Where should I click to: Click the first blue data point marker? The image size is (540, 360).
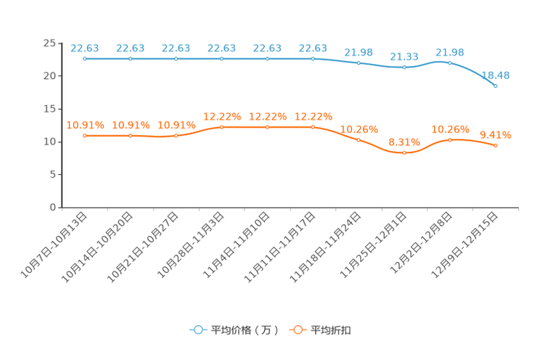[x=86, y=58]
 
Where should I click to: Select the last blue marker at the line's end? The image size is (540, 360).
[x=495, y=86]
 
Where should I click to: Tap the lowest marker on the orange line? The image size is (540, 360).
[x=404, y=153]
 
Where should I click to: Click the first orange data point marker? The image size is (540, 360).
[x=86, y=136]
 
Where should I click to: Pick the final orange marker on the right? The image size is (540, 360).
[x=495, y=146]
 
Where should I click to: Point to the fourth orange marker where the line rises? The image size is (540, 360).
[x=222, y=127]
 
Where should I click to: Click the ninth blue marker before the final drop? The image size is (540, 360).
[x=449, y=63]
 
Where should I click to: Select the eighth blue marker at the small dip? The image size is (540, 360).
[x=404, y=67]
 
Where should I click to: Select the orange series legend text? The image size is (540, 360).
[x=332, y=330]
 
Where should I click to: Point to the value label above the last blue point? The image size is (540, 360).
[x=496, y=75]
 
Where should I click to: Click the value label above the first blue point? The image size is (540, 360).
[x=85, y=48]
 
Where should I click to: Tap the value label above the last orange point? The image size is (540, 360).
[x=496, y=134]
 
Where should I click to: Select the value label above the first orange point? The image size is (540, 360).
[x=85, y=125]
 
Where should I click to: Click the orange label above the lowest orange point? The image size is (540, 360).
[x=404, y=142]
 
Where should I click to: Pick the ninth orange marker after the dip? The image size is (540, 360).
[x=449, y=139]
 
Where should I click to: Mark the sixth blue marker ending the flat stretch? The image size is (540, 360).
[x=313, y=58]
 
